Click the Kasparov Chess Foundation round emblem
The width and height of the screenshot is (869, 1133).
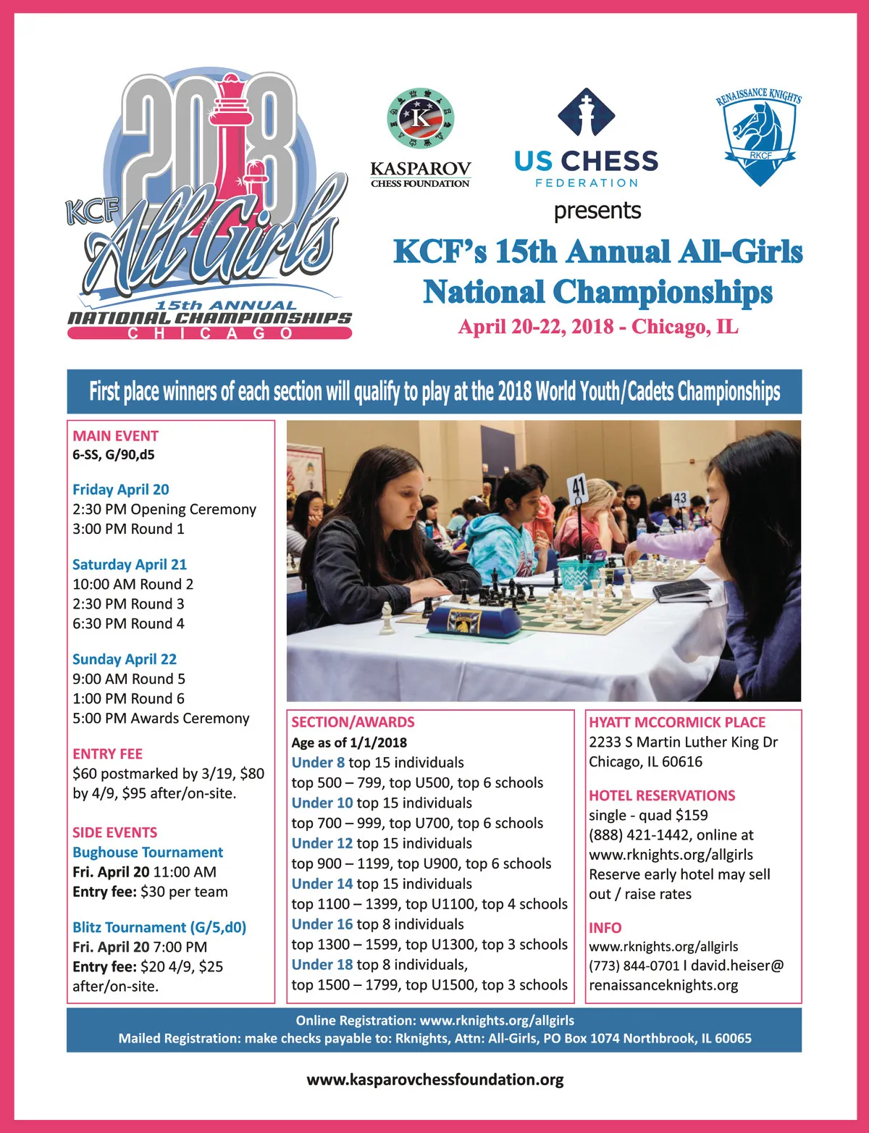pyautogui.click(x=420, y=118)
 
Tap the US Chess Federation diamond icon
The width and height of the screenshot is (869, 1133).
pyautogui.click(x=586, y=112)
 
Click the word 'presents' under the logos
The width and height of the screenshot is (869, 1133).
pyautogui.click(x=597, y=211)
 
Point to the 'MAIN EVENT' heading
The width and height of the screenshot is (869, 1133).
pyautogui.click(x=115, y=436)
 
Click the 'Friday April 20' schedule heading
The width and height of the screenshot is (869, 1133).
pyautogui.click(x=121, y=490)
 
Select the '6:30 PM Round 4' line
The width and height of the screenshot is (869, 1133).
pyautogui.click(x=128, y=624)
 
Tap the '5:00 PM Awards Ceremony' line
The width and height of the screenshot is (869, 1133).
pyautogui.click(x=161, y=719)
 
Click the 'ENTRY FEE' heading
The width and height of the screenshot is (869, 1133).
pyautogui.click(x=107, y=754)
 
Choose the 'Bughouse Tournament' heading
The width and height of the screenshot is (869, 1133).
pyautogui.click(x=148, y=853)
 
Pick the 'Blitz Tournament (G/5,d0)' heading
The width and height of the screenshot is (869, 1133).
pyautogui.click(x=159, y=928)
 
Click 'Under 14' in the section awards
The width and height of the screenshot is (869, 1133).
pyautogui.click(x=322, y=885)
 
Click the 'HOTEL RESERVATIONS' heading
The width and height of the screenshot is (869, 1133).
pyautogui.click(x=662, y=795)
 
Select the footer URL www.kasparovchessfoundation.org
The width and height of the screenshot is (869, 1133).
pyautogui.click(x=434, y=1080)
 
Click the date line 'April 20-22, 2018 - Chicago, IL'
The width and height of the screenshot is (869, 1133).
pyautogui.click(x=597, y=327)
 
